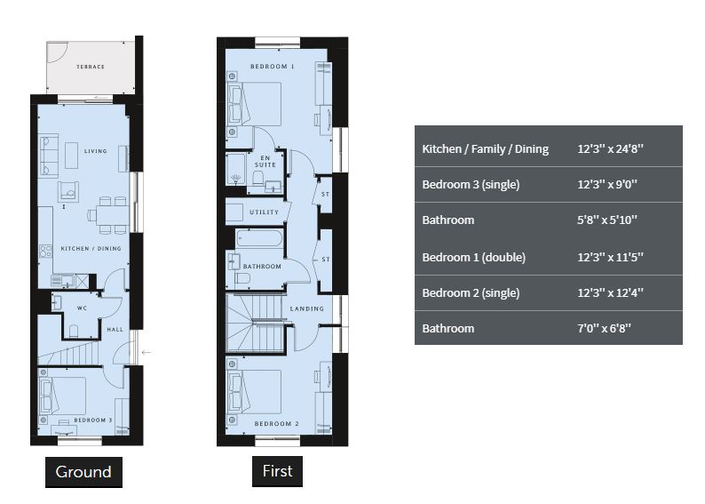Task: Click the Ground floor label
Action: (x=83, y=472)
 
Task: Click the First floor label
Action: (x=277, y=471)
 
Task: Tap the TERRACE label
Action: (x=91, y=67)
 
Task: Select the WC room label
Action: (x=82, y=308)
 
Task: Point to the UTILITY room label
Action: (x=265, y=212)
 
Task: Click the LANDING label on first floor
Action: (x=307, y=308)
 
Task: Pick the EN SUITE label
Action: (x=265, y=161)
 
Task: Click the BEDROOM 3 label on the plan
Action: (x=93, y=420)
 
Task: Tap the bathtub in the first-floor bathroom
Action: (x=259, y=238)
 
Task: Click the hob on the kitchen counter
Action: (x=45, y=251)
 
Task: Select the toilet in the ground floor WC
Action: (x=74, y=331)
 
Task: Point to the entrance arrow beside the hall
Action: (x=147, y=352)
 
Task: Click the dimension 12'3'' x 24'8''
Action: (x=610, y=149)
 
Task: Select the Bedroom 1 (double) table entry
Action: (x=473, y=258)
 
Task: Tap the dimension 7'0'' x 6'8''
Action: (x=605, y=329)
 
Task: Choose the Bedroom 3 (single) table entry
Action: (x=471, y=185)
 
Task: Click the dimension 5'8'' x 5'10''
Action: (x=607, y=220)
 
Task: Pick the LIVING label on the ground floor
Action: (x=96, y=151)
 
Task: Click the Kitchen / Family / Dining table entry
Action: (x=485, y=149)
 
